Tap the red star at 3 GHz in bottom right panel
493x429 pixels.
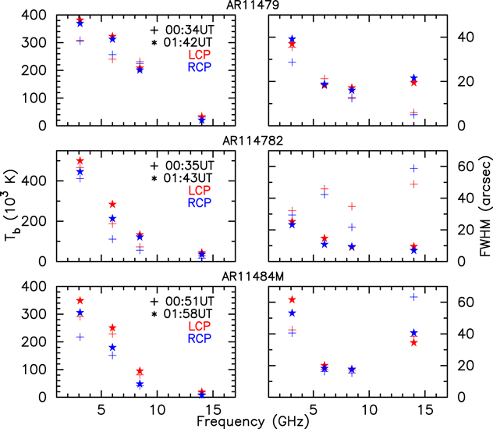click(x=292, y=299)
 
